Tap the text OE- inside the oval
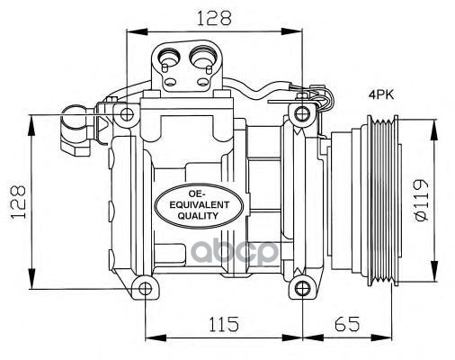pyautogui.click(x=201, y=192)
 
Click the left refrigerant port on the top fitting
pyautogui.click(x=167, y=63)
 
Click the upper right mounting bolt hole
pyautogui.click(x=299, y=113)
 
